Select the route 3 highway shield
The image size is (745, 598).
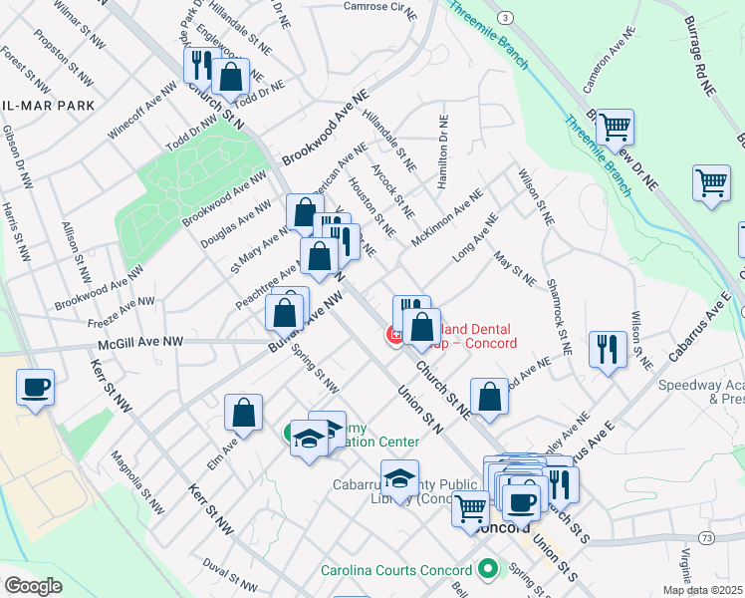pos(506,18)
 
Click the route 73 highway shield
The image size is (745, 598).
pos(706,537)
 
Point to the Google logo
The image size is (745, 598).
pos(33,585)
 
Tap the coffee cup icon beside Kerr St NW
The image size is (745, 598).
pos(35,388)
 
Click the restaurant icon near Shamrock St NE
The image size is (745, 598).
pos(607,350)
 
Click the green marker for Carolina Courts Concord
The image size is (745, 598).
pos(487,570)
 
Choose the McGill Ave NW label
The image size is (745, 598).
pos(140,342)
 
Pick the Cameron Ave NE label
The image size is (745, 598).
pos(609,60)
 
